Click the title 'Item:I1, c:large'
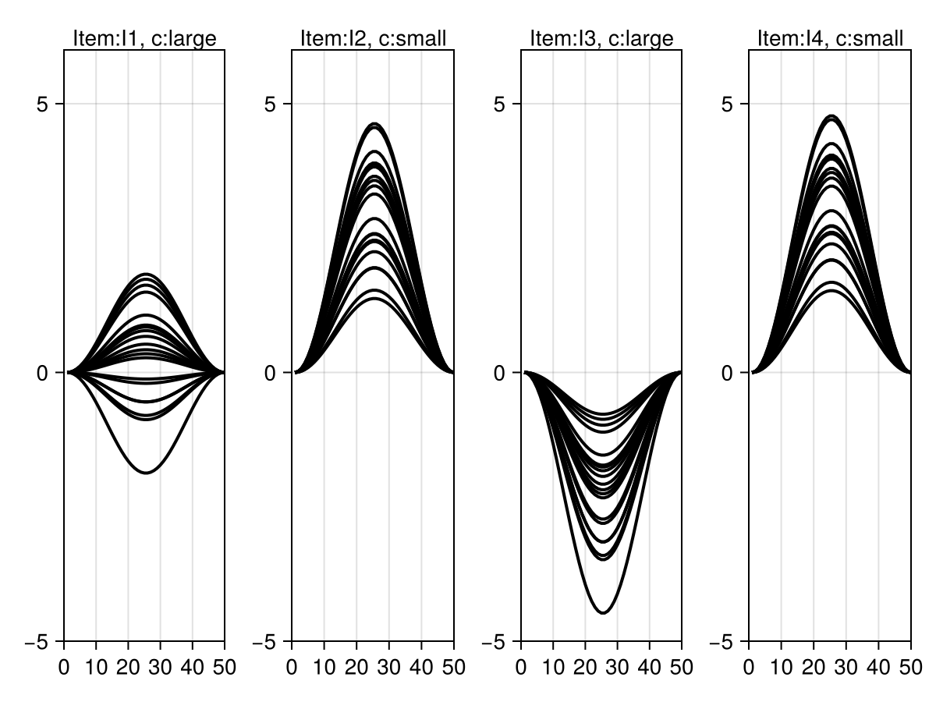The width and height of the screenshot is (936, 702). (x=144, y=38)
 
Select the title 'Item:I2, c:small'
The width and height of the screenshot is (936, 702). (x=373, y=38)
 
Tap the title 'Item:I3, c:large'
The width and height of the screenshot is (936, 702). (x=601, y=38)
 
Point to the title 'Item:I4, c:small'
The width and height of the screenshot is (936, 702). (x=830, y=38)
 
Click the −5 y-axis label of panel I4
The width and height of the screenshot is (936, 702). (x=725, y=641)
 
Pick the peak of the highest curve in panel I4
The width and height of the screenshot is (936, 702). (x=831, y=116)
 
